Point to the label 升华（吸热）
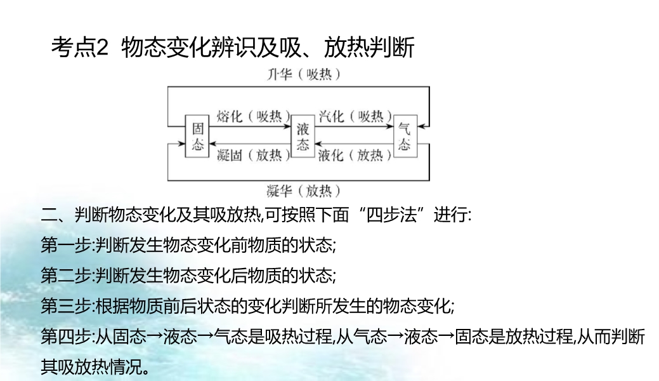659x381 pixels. coord(303,74)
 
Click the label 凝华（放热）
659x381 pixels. coord(303,190)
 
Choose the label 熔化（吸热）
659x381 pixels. coord(254,116)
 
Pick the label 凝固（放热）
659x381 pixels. coord(254,156)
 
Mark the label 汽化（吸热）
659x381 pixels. coord(355,116)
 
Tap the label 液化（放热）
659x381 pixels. coord(355,156)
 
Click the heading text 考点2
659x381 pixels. coord(79,47)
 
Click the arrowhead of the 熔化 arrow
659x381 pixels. coord(287,126)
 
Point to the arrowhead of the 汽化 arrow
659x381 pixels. coord(389,126)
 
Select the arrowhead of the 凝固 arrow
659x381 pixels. coord(212,144)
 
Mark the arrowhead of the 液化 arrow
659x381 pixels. coord(318,144)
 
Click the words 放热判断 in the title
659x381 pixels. coord(369,47)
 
